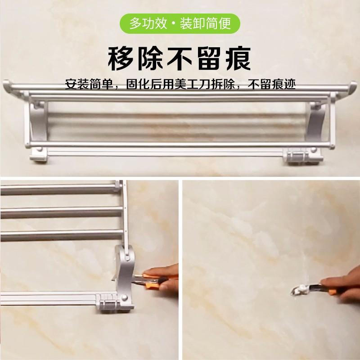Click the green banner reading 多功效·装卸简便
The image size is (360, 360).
click(x=180, y=24)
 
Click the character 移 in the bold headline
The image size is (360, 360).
click(x=121, y=59)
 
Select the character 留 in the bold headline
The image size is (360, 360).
click(x=209, y=59)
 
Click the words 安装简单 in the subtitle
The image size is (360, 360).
click(x=90, y=85)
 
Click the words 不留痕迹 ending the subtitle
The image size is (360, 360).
click(x=271, y=85)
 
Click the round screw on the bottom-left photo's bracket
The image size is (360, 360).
click(x=124, y=298)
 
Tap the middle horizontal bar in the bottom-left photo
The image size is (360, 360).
click(x=62, y=212)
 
